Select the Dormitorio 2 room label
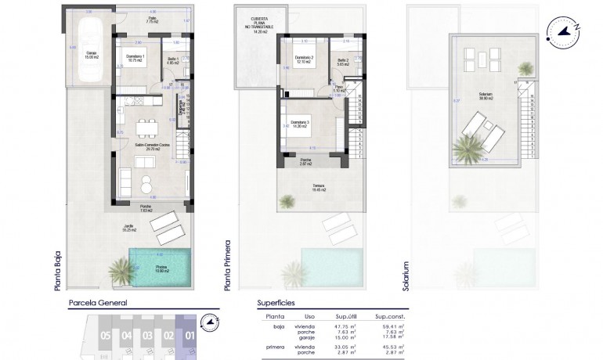(x=302, y=59)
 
